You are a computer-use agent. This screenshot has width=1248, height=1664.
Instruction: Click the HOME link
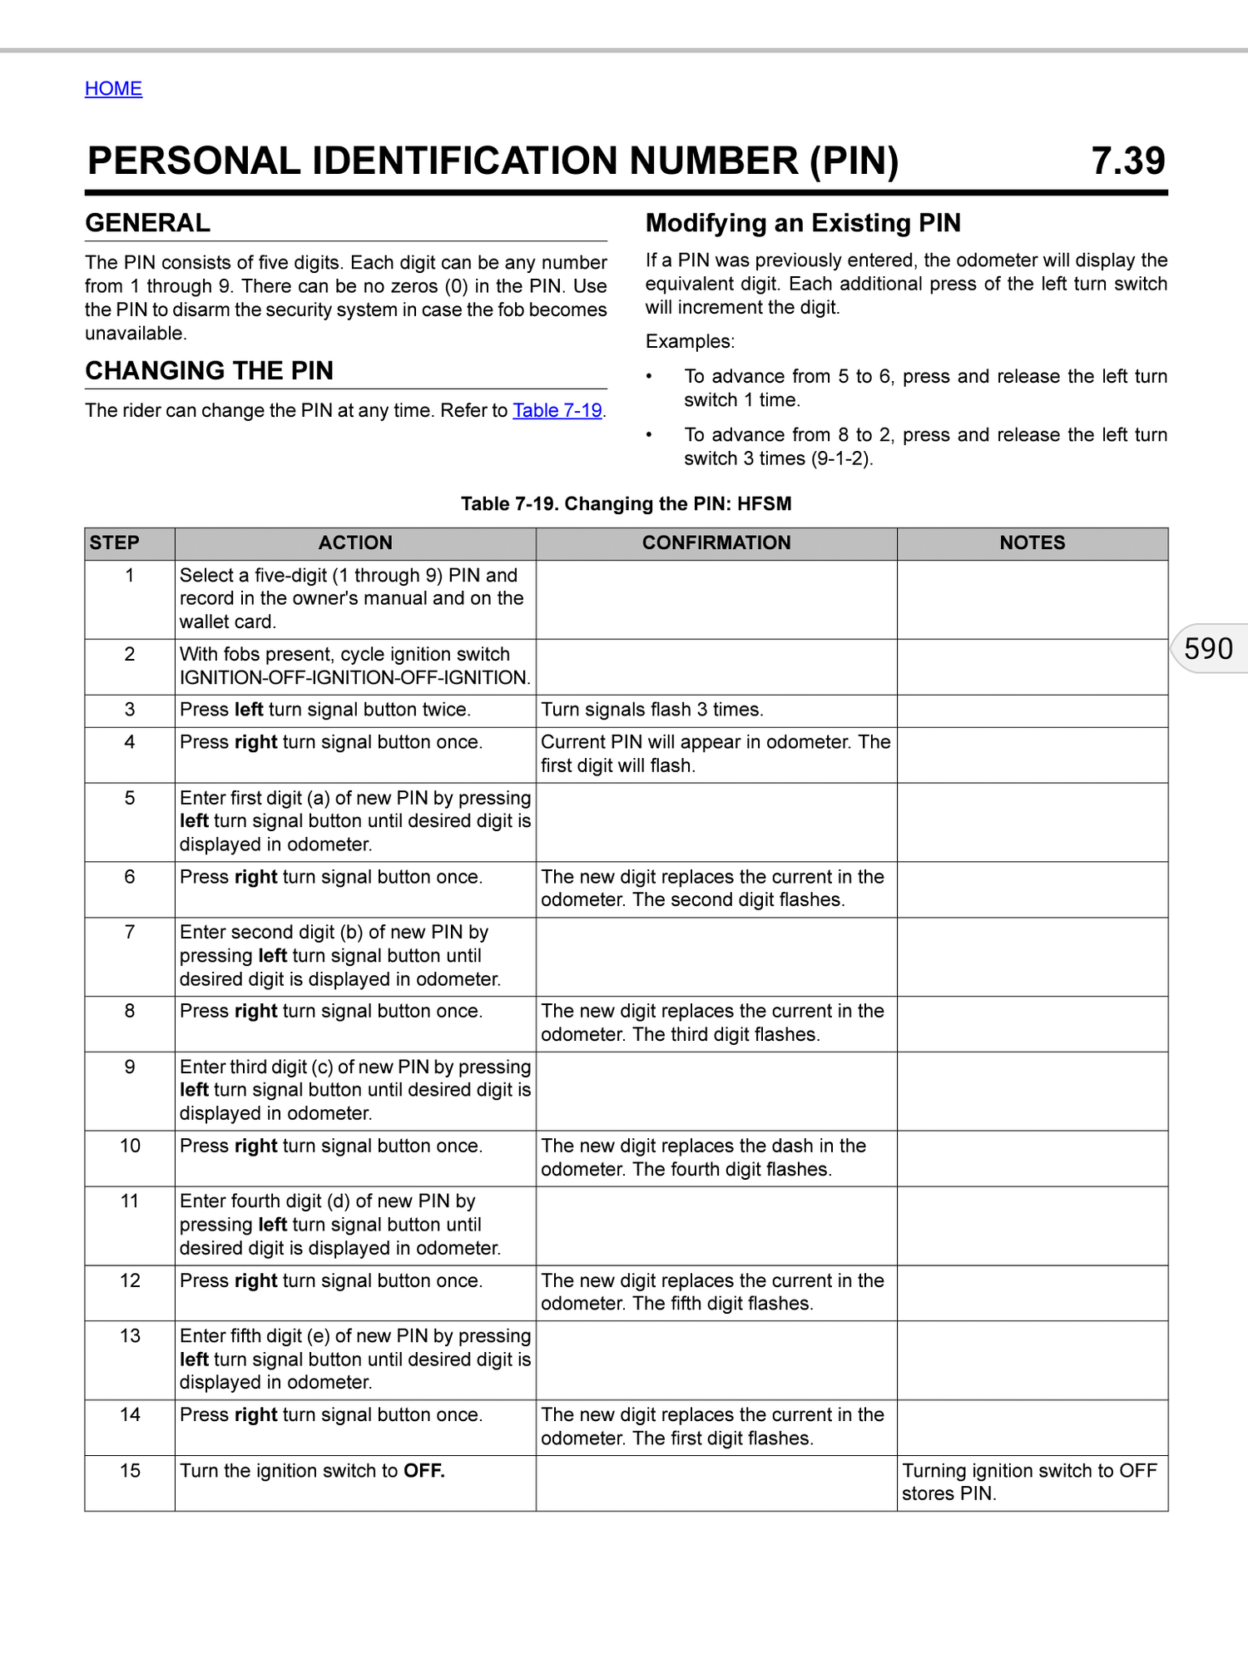[113, 88]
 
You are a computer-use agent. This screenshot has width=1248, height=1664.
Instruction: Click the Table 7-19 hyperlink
[557, 410]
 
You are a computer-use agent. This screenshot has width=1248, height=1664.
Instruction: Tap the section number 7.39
[1127, 161]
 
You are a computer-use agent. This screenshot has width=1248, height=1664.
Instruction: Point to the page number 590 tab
[1208, 648]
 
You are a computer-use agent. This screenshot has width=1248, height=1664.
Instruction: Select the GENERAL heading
[148, 223]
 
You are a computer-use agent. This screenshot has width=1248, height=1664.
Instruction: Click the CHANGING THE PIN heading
[209, 370]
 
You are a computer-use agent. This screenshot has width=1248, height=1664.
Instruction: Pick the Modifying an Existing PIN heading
[803, 223]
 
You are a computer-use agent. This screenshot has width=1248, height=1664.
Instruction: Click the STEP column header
[115, 542]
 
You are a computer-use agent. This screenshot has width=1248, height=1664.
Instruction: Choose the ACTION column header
[355, 542]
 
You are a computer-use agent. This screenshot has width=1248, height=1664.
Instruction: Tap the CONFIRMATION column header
[716, 542]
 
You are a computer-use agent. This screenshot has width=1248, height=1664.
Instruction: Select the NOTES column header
[1032, 542]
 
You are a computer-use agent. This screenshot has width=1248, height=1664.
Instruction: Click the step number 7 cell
[130, 932]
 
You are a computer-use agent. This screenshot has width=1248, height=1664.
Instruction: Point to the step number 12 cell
[130, 1280]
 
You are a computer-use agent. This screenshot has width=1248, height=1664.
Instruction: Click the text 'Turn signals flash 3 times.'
[652, 710]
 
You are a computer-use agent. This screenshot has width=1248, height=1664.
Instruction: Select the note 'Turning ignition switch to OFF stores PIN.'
[1029, 1482]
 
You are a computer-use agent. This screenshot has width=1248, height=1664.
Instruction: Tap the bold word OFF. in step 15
[424, 1471]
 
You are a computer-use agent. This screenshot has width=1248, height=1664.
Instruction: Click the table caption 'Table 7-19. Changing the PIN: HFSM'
[626, 503]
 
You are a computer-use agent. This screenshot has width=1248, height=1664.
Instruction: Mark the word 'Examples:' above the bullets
[690, 341]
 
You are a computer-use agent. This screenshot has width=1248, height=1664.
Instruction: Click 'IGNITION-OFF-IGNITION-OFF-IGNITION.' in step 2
[354, 677]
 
